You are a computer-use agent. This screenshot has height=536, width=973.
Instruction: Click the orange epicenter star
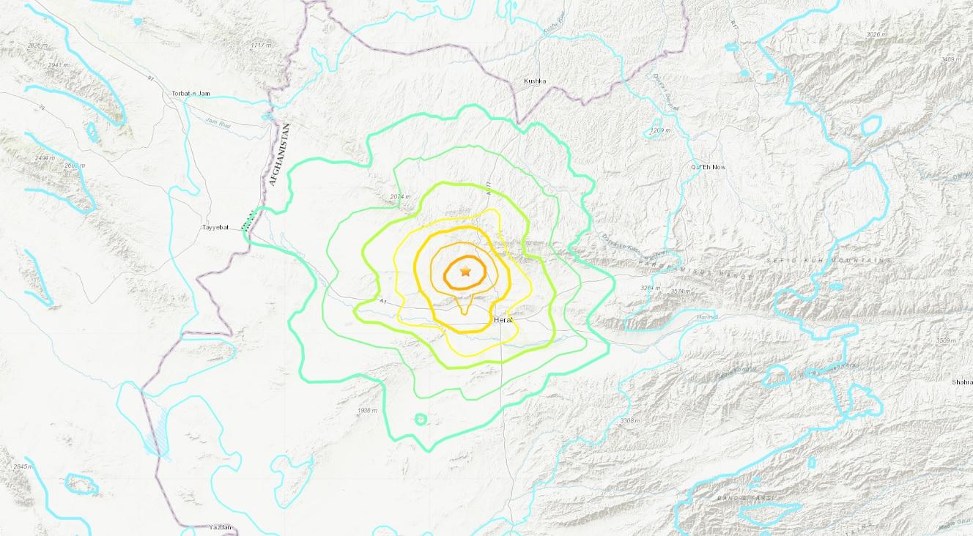(465, 272)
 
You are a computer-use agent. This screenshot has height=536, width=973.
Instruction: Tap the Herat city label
(503, 320)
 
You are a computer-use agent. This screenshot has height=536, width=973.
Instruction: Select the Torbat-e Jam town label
(191, 94)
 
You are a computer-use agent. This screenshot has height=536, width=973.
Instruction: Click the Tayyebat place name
(216, 227)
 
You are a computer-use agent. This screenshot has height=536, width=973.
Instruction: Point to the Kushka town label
(536, 81)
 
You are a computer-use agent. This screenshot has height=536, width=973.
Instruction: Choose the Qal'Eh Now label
(707, 167)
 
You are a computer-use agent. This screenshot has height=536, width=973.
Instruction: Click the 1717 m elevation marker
(261, 45)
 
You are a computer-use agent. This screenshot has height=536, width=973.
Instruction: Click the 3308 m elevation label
(629, 421)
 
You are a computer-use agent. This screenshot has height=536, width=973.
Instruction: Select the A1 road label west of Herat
(382, 301)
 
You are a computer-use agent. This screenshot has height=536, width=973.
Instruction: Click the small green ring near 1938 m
(421, 419)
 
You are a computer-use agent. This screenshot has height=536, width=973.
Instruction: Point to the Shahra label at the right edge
(960, 381)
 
